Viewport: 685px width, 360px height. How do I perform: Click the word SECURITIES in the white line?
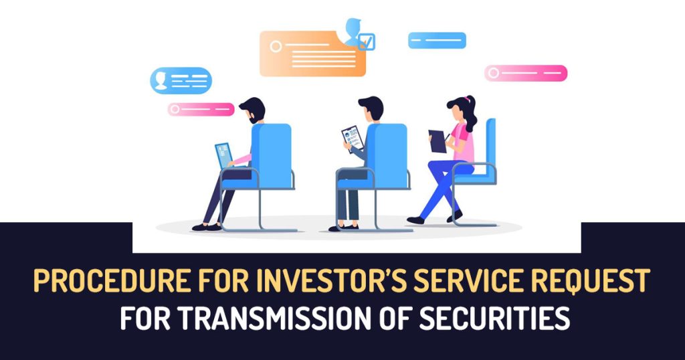pyautogui.click(x=494, y=319)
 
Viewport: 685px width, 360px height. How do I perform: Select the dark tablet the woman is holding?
pyautogui.click(x=437, y=142)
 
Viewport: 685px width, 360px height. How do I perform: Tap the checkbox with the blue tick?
pyautogui.click(x=366, y=42)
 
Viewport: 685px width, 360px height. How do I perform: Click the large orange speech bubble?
pyautogui.click(x=313, y=54)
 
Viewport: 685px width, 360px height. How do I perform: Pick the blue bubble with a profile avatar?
pyautogui.click(x=181, y=80)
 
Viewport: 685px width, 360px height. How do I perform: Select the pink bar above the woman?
pyautogui.click(x=526, y=73)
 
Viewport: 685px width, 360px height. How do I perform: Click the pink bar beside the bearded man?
pyautogui.click(x=201, y=109)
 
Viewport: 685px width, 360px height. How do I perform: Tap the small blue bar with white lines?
pyautogui.click(x=437, y=40)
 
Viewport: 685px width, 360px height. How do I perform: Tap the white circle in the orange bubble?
pyautogui.click(x=276, y=46)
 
